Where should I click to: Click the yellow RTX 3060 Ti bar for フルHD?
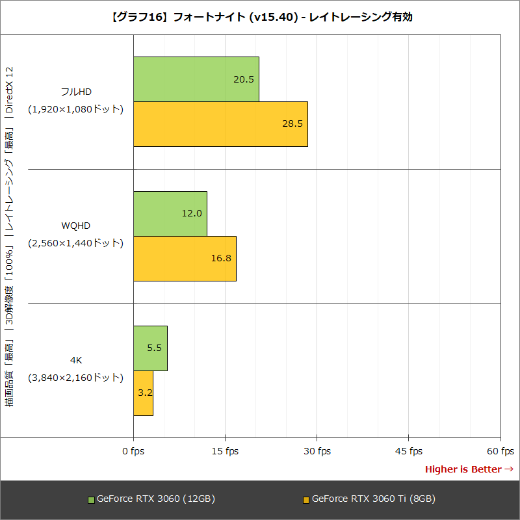tap(220, 124)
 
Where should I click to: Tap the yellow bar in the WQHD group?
tap(185, 258)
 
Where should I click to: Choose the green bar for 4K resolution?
tap(150, 348)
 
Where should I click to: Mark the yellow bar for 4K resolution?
tap(143, 393)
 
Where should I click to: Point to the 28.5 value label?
tap(292, 124)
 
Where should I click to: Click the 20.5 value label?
tap(244, 79)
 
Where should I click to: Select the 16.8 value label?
tap(221, 258)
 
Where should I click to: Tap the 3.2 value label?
tap(145, 393)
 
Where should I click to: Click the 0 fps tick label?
tap(133, 451)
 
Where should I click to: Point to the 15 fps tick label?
tap(225, 451)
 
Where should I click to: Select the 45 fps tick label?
tap(408, 451)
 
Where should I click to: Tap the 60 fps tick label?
tap(500, 451)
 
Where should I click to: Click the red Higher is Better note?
tap(469, 469)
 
